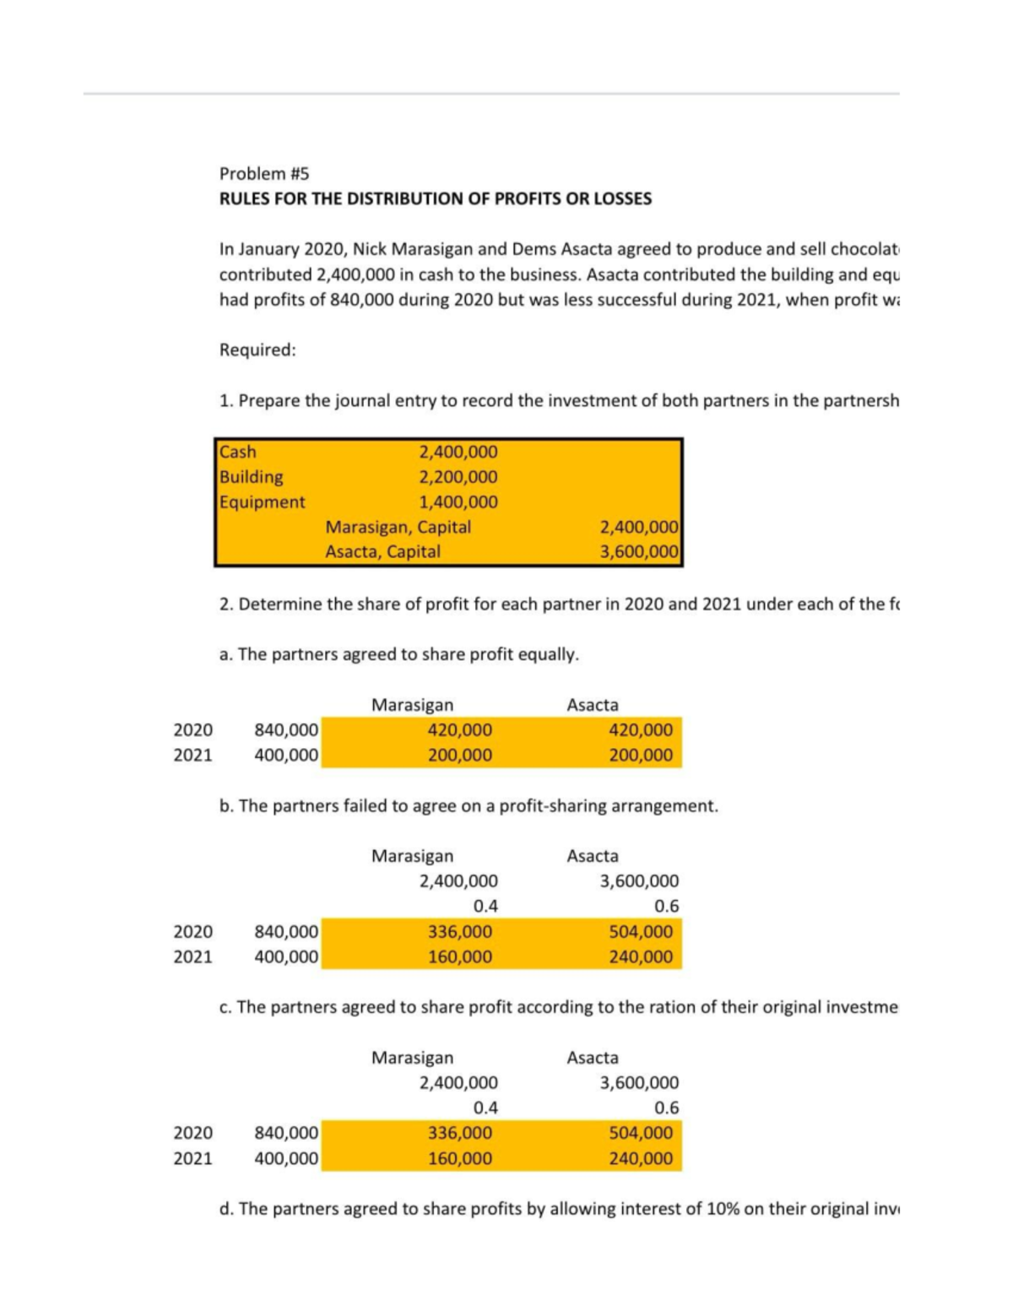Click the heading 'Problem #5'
pos(264,173)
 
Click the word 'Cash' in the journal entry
pos(237,452)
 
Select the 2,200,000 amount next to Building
pos(458,477)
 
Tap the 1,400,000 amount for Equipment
pos(458,501)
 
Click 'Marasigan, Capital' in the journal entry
pos(398,527)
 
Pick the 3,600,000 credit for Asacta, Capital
pos(638,552)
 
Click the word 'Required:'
pos(257,349)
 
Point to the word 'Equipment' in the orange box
pos(262,501)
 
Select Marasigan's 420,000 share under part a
pos(459,729)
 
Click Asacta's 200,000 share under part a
pos(641,755)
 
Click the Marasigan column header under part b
pos(412,856)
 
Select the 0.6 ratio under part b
pos(666,907)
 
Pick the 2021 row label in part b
pos(192,956)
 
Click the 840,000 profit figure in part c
pos(286,1133)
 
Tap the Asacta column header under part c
pos(593,1058)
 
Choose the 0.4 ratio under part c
pos(485,1108)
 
